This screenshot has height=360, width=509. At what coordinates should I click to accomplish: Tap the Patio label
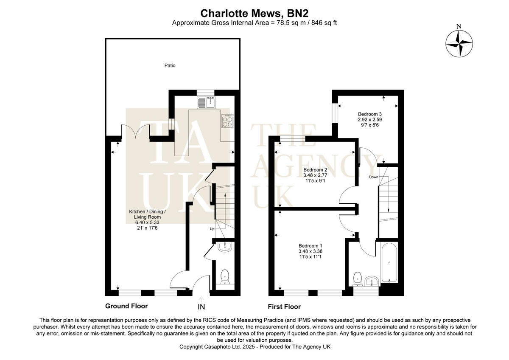click(170, 65)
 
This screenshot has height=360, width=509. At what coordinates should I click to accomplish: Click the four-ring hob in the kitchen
click(227, 121)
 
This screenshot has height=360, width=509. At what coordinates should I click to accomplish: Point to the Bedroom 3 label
click(370, 114)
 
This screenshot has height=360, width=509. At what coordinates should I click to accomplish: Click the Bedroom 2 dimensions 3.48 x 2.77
click(315, 176)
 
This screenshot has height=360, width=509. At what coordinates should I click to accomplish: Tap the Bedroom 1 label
click(310, 245)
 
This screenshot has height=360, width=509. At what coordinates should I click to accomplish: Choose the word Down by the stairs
click(373, 177)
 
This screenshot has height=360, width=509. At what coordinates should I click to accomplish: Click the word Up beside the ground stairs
click(212, 229)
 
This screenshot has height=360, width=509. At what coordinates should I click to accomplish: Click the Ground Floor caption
click(126, 306)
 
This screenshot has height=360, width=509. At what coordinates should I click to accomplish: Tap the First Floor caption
click(284, 307)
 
